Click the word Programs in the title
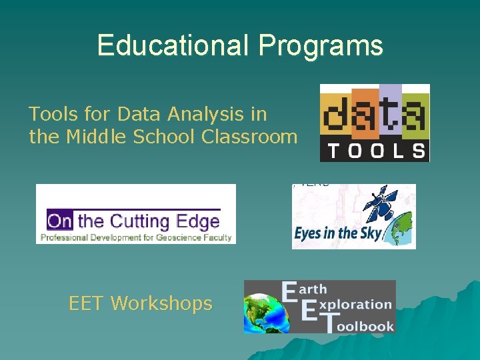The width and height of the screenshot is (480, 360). (x=321, y=45)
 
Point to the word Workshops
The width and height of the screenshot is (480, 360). (x=161, y=304)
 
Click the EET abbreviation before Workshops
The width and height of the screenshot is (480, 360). (x=87, y=304)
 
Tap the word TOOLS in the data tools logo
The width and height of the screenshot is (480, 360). (x=374, y=150)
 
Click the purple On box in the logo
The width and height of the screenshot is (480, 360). (x=59, y=219)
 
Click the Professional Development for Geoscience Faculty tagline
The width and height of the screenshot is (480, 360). (x=136, y=237)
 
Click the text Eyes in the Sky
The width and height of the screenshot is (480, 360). (x=337, y=233)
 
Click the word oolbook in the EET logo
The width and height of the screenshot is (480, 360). (x=364, y=326)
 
